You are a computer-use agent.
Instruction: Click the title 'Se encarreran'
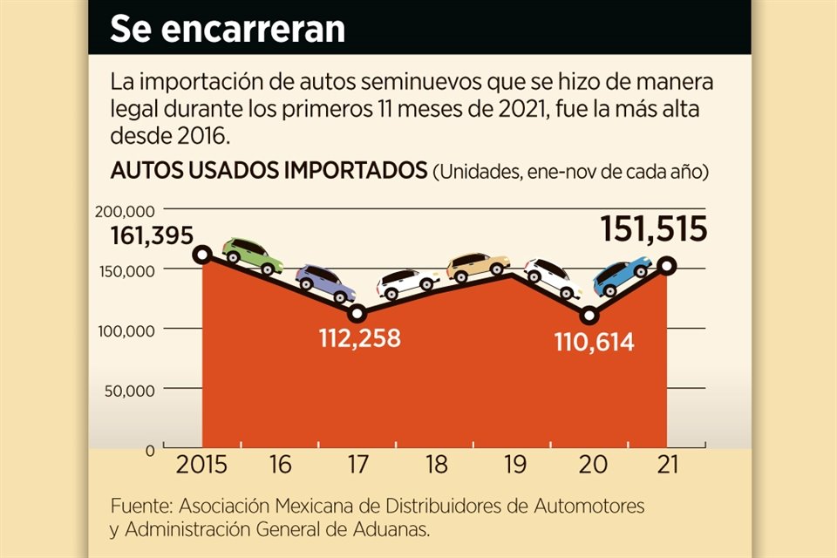(228, 28)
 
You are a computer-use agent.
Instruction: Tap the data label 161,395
(152, 235)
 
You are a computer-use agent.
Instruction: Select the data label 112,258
(360, 337)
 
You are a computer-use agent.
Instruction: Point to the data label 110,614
(594, 343)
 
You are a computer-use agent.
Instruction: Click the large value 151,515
(653, 229)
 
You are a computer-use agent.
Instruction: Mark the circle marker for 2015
(202, 255)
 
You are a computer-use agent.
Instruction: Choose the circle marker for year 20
(589, 316)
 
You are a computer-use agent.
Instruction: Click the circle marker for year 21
(667, 266)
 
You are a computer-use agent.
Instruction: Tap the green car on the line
(253, 255)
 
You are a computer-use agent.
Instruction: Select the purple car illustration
(325, 282)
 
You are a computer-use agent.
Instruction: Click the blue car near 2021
(622, 276)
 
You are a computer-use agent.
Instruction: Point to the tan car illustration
(478, 267)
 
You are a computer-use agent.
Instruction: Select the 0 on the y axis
(150, 450)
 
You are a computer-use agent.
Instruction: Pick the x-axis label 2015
(201, 465)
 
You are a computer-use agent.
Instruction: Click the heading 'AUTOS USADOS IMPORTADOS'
(269, 171)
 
